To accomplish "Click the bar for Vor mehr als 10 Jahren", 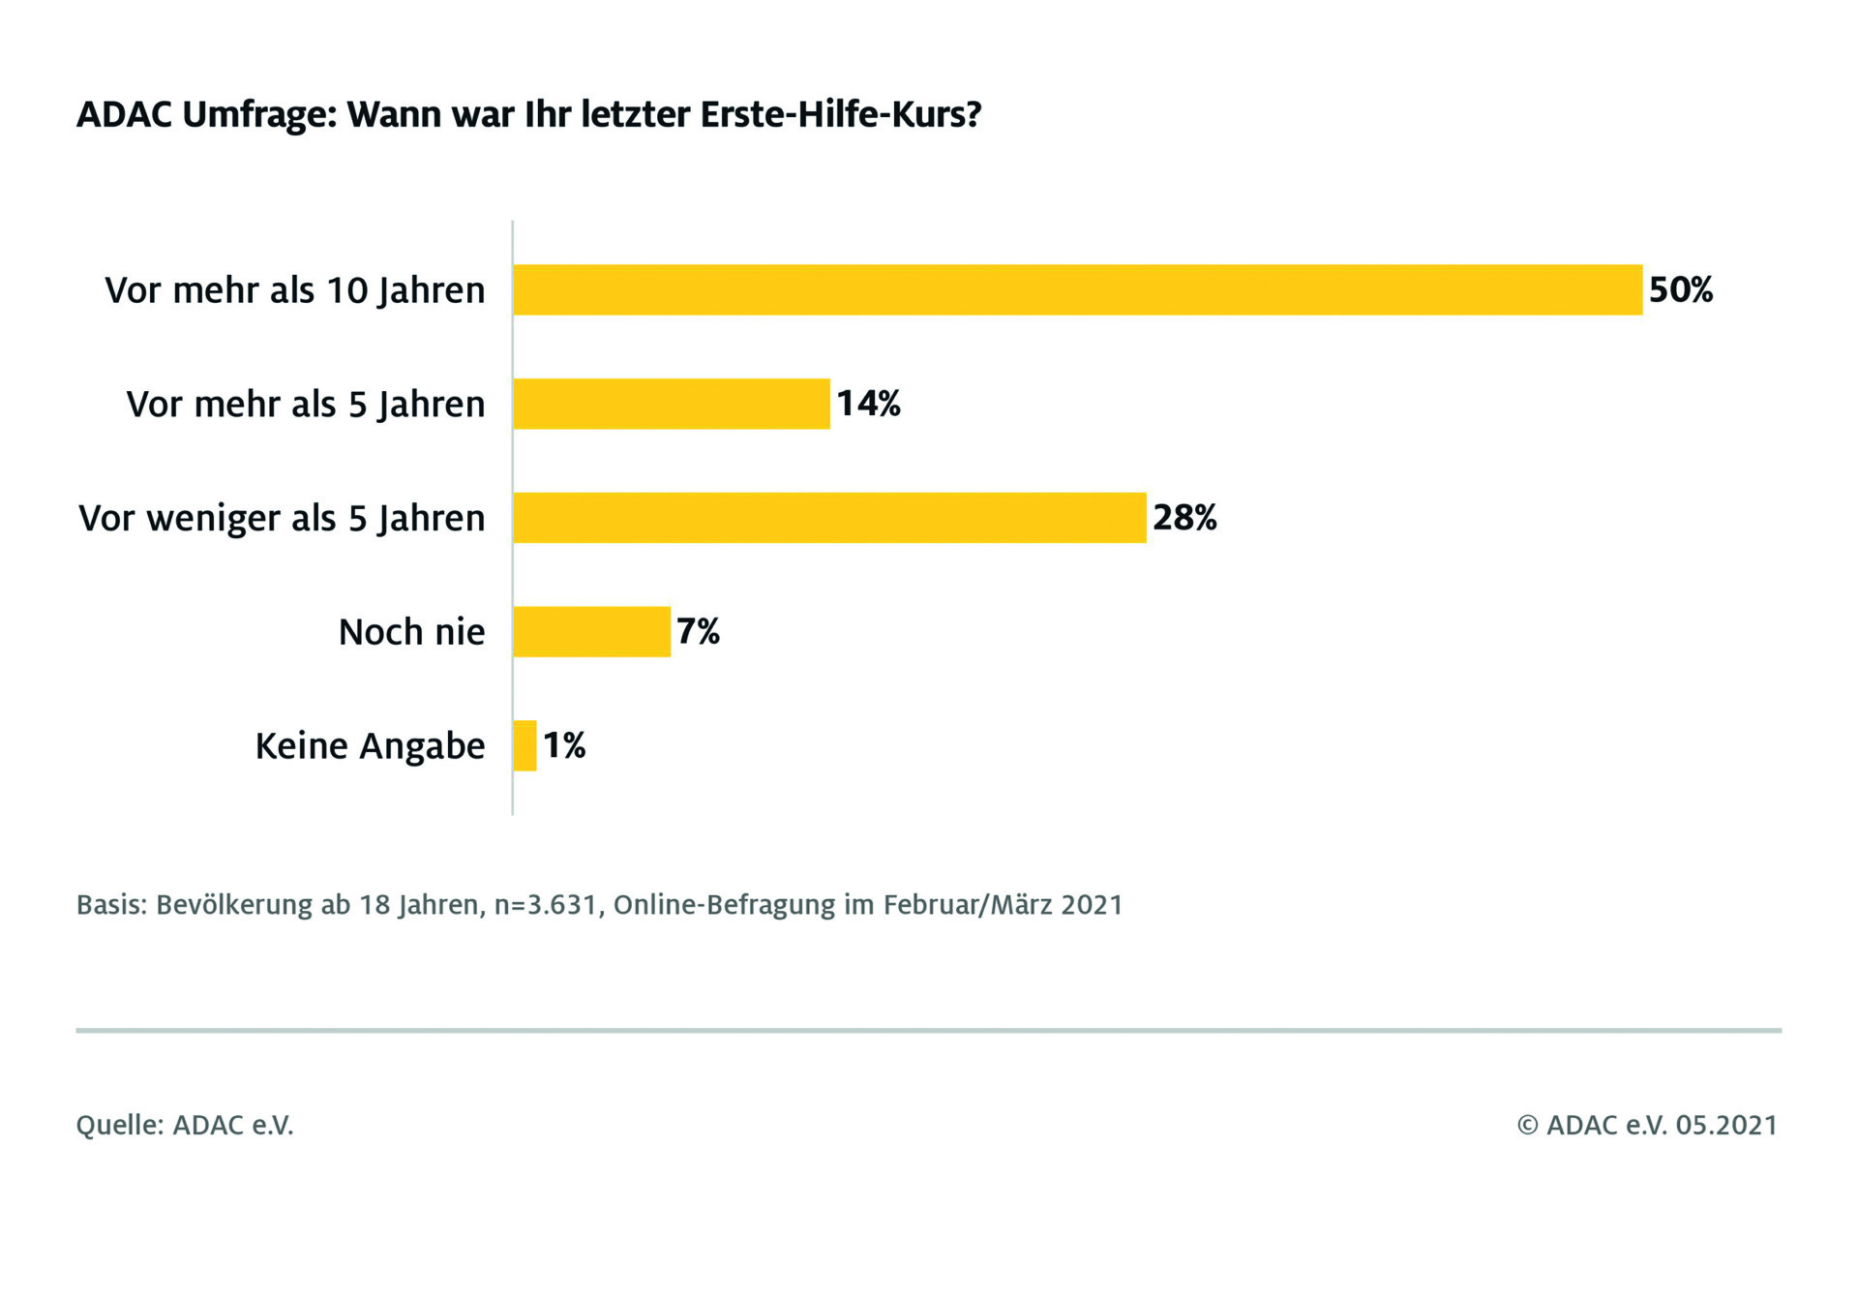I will pyautogui.click(x=1077, y=289).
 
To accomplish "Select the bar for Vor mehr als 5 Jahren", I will pyautogui.click(x=672, y=404).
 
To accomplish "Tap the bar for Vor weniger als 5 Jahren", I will pyautogui.click(x=829, y=518).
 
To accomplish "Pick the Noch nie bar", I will pyautogui.click(x=591, y=632).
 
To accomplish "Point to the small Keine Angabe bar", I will pyautogui.click(x=524, y=745).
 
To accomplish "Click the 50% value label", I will pyautogui.click(x=1681, y=289).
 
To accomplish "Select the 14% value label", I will pyautogui.click(x=868, y=404).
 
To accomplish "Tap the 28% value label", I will pyautogui.click(x=1184, y=518).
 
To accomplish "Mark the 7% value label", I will pyautogui.click(x=698, y=632).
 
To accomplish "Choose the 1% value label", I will pyautogui.click(x=564, y=745).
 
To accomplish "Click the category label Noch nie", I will pyautogui.click(x=411, y=632).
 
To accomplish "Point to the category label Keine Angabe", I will pyautogui.click(x=370, y=746).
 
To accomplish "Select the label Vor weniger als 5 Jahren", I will pyautogui.click(x=282, y=519).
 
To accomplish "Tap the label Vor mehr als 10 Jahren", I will pyautogui.click(x=295, y=290).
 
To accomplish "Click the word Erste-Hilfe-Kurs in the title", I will pyautogui.click(x=840, y=114).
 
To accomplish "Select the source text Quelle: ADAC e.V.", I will pyautogui.click(x=185, y=1125).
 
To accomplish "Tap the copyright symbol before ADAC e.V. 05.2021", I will pyautogui.click(x=1527, y=1125).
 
